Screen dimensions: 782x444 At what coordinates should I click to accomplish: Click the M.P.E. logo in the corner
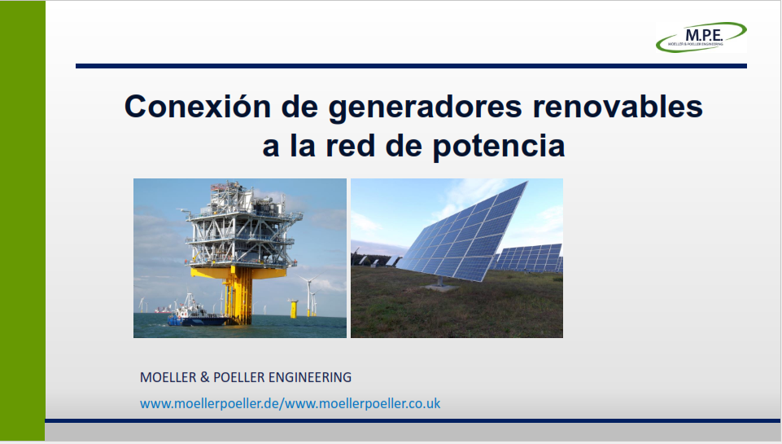701,37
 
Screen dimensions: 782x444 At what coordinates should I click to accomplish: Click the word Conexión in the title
198,107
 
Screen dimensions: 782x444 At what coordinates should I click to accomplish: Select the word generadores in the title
425,108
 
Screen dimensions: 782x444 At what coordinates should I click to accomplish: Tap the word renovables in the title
618,107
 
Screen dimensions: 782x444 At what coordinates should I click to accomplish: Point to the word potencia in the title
498,147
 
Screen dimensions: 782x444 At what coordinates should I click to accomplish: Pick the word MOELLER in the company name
168,377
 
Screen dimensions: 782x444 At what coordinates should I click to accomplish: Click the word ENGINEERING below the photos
310,377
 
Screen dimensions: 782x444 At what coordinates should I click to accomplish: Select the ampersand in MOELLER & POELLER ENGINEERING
204,377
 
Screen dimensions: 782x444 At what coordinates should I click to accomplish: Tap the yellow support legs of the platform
239,295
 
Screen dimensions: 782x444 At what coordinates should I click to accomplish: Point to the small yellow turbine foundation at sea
293,308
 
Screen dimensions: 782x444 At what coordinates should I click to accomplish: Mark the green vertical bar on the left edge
23,221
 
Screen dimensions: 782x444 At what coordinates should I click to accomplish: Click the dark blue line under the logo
411,66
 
